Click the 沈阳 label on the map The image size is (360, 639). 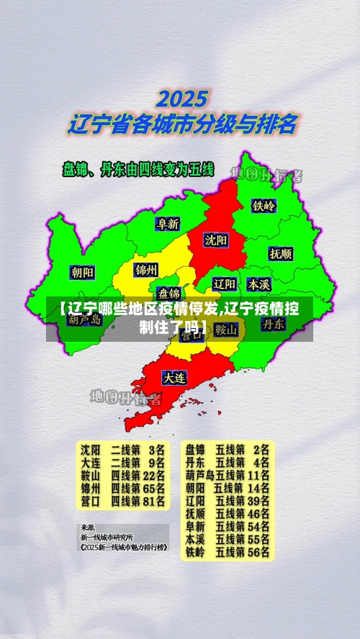pos(215,239)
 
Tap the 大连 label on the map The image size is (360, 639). pos(174,377)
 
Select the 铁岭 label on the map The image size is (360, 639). pos(264,206)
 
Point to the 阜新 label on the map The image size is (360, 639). pos(168,224)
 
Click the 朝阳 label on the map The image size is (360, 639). pos(82,272)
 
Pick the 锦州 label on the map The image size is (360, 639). pos(146,270)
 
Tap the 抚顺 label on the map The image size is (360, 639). pos(281,253)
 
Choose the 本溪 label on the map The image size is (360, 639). pos(258,284)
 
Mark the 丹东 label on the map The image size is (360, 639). pos(273,325)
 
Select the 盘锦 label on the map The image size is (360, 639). pos(170,293)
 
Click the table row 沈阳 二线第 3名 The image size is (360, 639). pos(122,449)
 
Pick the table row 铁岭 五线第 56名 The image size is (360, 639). pos(227,552)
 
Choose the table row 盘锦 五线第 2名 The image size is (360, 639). pos(227,449)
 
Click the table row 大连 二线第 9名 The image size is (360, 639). pos(122,462)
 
